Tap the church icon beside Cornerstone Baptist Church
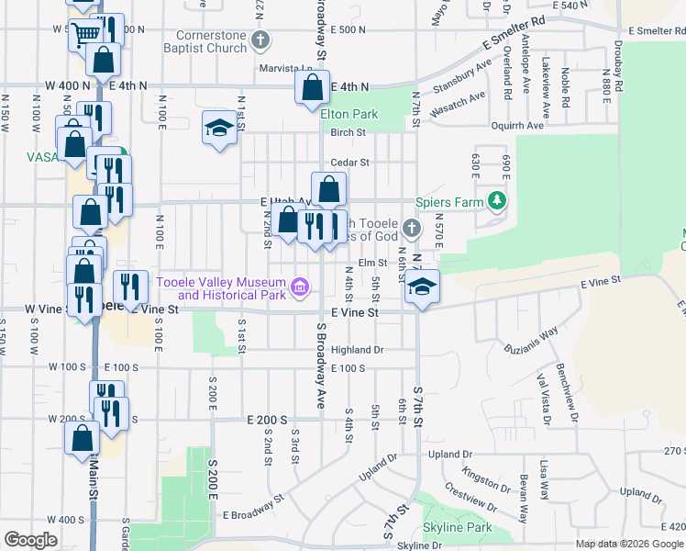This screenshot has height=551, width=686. click(261, 40)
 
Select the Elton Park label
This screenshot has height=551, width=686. click(349, 115)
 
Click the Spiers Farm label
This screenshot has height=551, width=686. click(448, 202)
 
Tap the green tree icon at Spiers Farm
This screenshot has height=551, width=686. click(496, 200)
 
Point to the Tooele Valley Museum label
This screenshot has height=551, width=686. click(221, 288)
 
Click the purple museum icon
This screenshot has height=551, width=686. click(299, 288)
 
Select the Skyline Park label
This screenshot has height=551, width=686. click(457, 528)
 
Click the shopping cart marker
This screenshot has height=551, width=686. click(85, 35)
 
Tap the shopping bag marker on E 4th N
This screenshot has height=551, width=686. click(312, 88)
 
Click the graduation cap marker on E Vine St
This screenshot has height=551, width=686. click(422, 287)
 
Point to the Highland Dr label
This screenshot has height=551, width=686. click(357, 350)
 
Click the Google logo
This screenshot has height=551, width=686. click(30, 541)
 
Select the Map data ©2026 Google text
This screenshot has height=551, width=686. click(630, 544)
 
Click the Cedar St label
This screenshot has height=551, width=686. click(349, 163)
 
